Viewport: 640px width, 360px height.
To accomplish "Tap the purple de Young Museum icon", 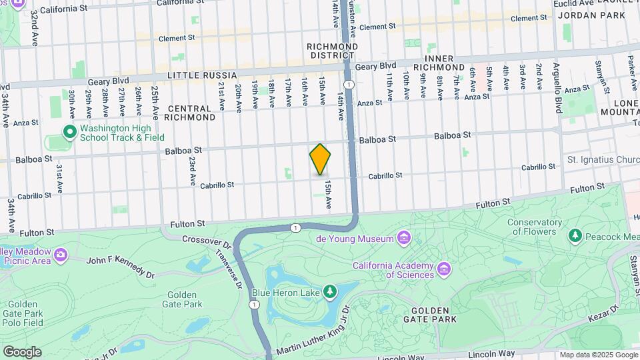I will coord(403,238).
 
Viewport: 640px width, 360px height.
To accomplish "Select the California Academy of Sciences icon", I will coord(444,269).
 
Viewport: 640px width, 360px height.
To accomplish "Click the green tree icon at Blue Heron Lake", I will coord(329,292).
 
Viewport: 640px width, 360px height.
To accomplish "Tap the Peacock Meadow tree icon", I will coord(575,236).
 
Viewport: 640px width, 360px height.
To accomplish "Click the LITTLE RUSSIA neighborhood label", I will coord(201,76).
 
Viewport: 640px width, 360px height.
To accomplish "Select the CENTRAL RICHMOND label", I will coord(191,112).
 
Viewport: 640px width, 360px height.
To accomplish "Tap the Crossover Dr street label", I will coord(205,240).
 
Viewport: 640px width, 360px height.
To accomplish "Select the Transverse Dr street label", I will coord(229,270).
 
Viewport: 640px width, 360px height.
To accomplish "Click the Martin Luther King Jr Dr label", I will coord(308,331).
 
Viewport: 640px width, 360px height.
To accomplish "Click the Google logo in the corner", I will coord(22,352).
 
